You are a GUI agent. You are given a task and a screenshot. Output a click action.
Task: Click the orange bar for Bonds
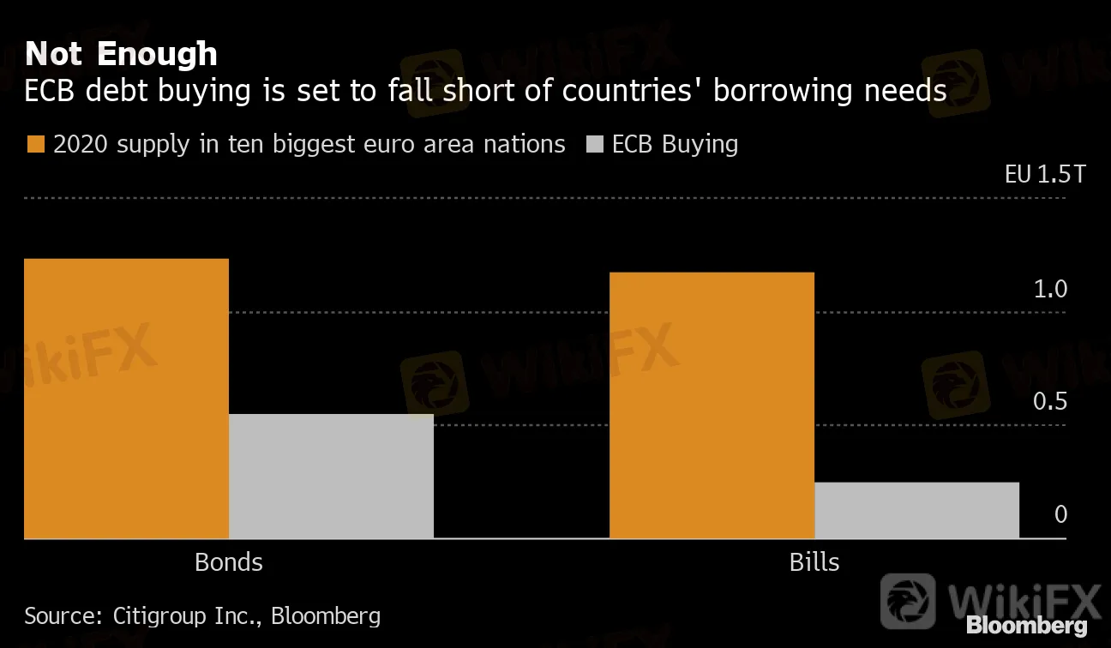tap(127, 399)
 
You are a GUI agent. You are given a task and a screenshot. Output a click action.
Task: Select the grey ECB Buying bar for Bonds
tap(331, 476)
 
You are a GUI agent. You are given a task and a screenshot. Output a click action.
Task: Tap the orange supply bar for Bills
tap(712, 405)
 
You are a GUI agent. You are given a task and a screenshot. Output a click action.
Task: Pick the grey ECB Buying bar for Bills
tap(916, 510)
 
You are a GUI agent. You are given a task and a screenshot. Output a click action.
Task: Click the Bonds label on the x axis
tap(229, 562)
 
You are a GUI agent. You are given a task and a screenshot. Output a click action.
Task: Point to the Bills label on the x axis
tap(814, 562)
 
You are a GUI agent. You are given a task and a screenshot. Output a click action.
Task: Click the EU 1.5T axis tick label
tap(1044, 175)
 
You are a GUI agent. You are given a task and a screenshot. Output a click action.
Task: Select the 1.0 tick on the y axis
tap(1050, 290)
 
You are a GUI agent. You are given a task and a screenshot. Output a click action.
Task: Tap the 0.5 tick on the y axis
tap(1050, 402)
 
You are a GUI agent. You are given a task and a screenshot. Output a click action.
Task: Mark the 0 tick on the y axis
tap(1060, 514)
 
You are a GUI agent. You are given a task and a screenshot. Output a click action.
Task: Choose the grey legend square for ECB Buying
tap(593, 144)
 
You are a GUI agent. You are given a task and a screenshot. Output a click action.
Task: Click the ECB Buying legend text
tap(675, 144)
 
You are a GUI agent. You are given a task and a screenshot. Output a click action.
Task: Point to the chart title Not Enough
tap(121, 54)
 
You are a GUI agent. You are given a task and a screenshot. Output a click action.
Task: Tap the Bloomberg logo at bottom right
tap(1027, 626)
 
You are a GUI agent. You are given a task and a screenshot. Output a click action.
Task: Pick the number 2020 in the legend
tap(81, 144)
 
